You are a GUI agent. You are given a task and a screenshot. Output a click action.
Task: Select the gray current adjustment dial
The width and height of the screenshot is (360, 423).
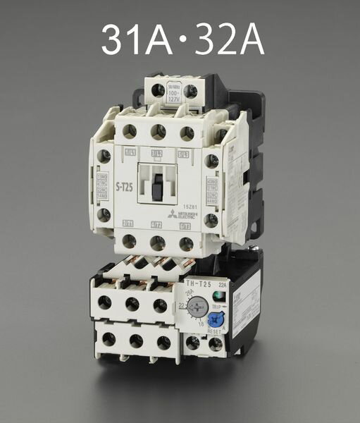[x=197, y=308]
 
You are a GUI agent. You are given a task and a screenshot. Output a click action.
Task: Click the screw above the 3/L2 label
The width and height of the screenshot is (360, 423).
[x=159, y=131]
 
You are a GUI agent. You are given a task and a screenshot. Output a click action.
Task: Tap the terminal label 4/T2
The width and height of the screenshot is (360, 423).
[x=157, y=224]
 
